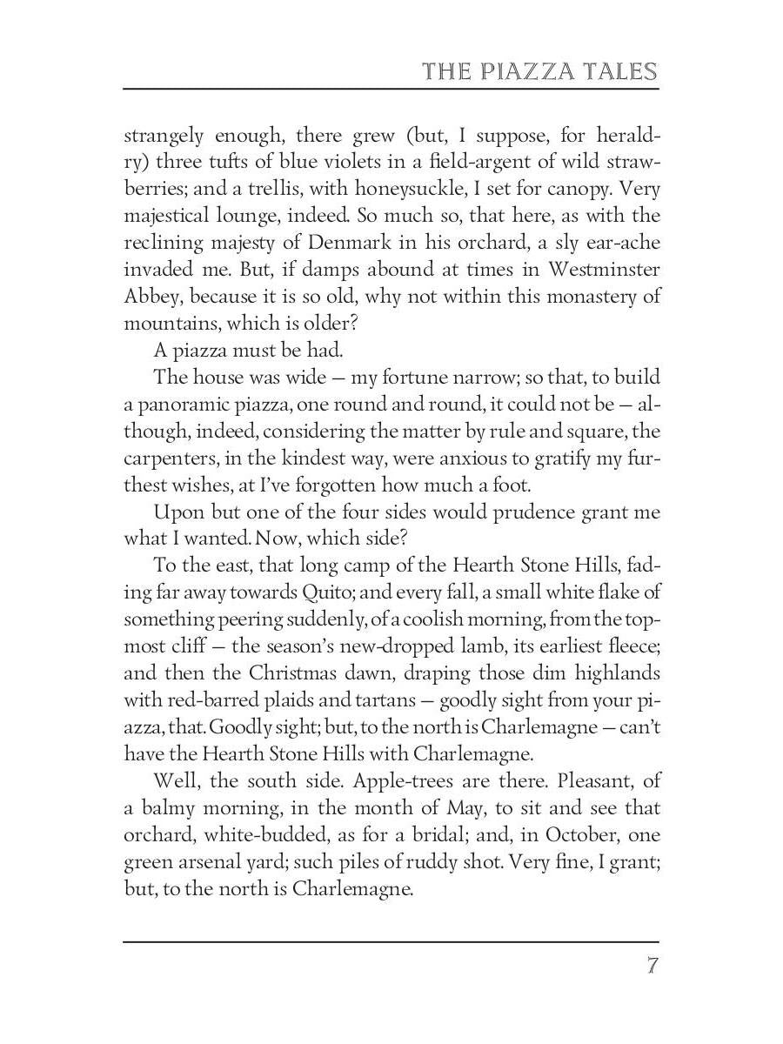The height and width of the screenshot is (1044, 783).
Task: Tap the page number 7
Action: pos(651,967)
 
